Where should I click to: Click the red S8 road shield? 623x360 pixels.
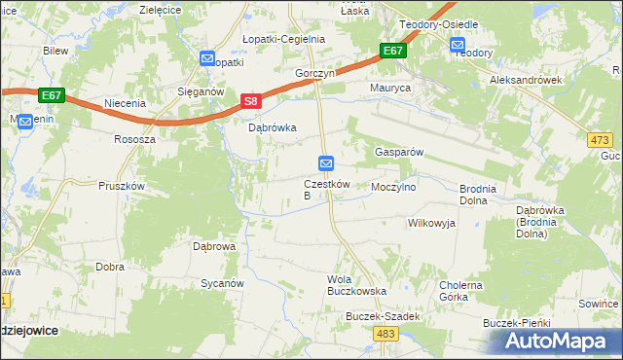click(250, 101)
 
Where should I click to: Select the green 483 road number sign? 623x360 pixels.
click(385, 334)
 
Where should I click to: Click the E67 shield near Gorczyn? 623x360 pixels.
click(392, 52)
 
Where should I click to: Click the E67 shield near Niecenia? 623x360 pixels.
click(53, 95)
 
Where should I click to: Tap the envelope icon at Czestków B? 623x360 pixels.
click(327, 162)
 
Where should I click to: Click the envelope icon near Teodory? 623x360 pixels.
click(458, 43)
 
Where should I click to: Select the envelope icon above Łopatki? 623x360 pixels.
click(206, 59)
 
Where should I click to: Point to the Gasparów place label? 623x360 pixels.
click(398, 153)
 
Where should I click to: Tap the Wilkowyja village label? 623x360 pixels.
click(430, 223)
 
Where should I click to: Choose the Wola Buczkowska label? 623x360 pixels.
click(356, 285)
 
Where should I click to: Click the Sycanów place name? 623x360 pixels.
click(221, 283)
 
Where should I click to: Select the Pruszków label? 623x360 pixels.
click(121, 186)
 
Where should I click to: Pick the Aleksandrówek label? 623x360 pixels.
click(527, 80)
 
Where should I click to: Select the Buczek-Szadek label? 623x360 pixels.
click(383, 317)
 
